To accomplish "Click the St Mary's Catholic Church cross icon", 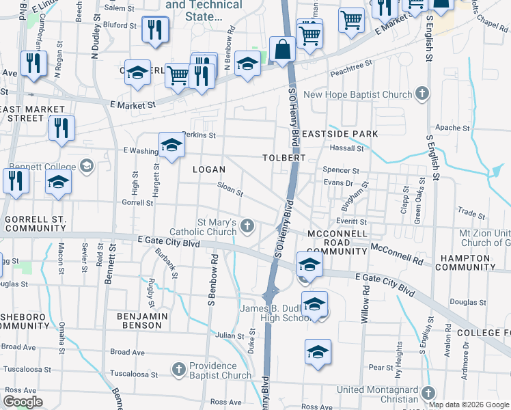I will [x=248, y=225].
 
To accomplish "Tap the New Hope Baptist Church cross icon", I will [x=422, y=94].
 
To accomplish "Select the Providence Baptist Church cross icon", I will [x=178, y=370].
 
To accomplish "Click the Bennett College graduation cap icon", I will [x=86, y=166].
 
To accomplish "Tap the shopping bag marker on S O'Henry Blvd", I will [x=282, y=49].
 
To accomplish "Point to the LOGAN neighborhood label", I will [x=208, y=169].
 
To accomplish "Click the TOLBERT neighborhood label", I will [x=284, y=158].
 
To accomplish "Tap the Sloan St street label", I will [x=230, y=188].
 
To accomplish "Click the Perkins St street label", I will [x=199, y=135].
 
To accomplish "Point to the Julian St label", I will [x=230, y=336].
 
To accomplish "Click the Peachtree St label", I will [x=350, y=64].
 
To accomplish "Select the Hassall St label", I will [x=346, y=148].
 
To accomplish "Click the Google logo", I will [x=23, y=402].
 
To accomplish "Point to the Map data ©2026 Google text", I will [x=469, y=405].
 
